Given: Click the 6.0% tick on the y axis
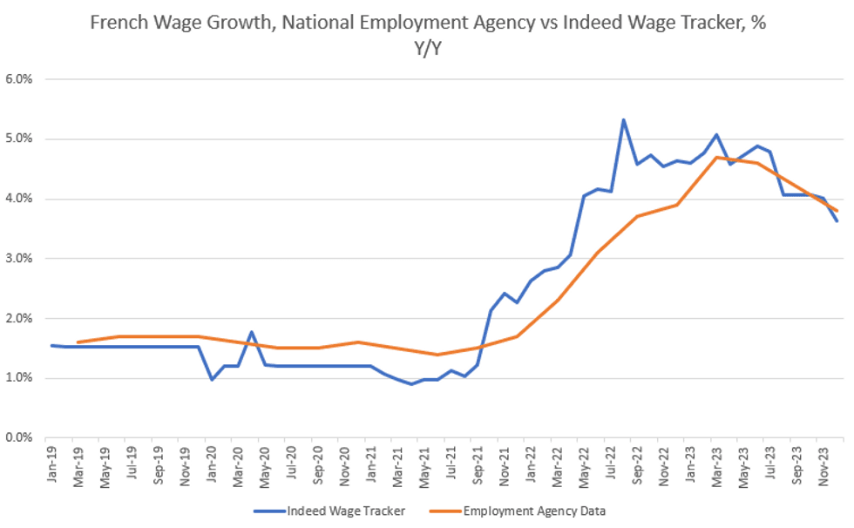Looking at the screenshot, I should click(x=19, y=79).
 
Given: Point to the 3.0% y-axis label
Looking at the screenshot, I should click(x=19, y=259).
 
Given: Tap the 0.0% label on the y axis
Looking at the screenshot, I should click(x=19, y=437).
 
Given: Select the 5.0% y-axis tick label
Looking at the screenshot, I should click(x=19, y=139).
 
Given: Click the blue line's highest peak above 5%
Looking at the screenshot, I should click(x=623, y=119).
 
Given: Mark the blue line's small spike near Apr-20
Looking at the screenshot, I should click(x=251, y=332).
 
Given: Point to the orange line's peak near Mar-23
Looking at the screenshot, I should click(x=715, y=158).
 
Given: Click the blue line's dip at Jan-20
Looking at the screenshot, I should click(x=212, y=379).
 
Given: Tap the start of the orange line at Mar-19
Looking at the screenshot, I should click(x=78, y=342).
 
